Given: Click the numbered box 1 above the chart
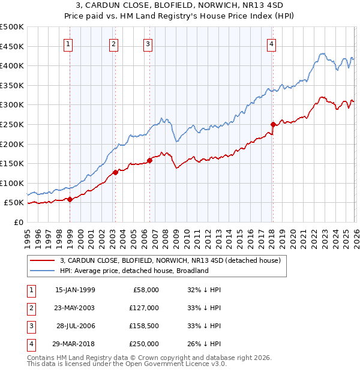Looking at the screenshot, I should click(68, 43).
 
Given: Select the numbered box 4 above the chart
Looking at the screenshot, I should click(272, 43).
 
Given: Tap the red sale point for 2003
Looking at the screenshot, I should click(115, 172).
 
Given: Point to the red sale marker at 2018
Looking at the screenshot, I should click(272, 125).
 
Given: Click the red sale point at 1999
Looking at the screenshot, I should click(70, 199).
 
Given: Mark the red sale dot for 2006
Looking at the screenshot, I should click(149, 160).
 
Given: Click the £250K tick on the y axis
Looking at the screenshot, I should click(12, 124).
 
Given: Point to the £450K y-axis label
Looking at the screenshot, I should click(12, 46).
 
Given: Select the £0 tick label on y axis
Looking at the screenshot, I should click(18, 222).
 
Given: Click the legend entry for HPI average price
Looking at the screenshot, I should click(133, 271).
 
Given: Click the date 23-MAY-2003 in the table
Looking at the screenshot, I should click(74, 308).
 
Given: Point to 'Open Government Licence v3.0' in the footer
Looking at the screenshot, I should click(175, 364).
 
